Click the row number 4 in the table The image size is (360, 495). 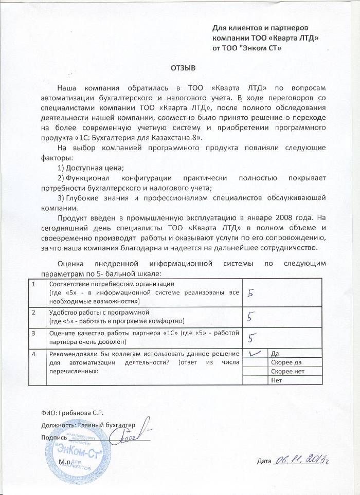(34, 354)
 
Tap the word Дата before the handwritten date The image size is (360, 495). (263, 461)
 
